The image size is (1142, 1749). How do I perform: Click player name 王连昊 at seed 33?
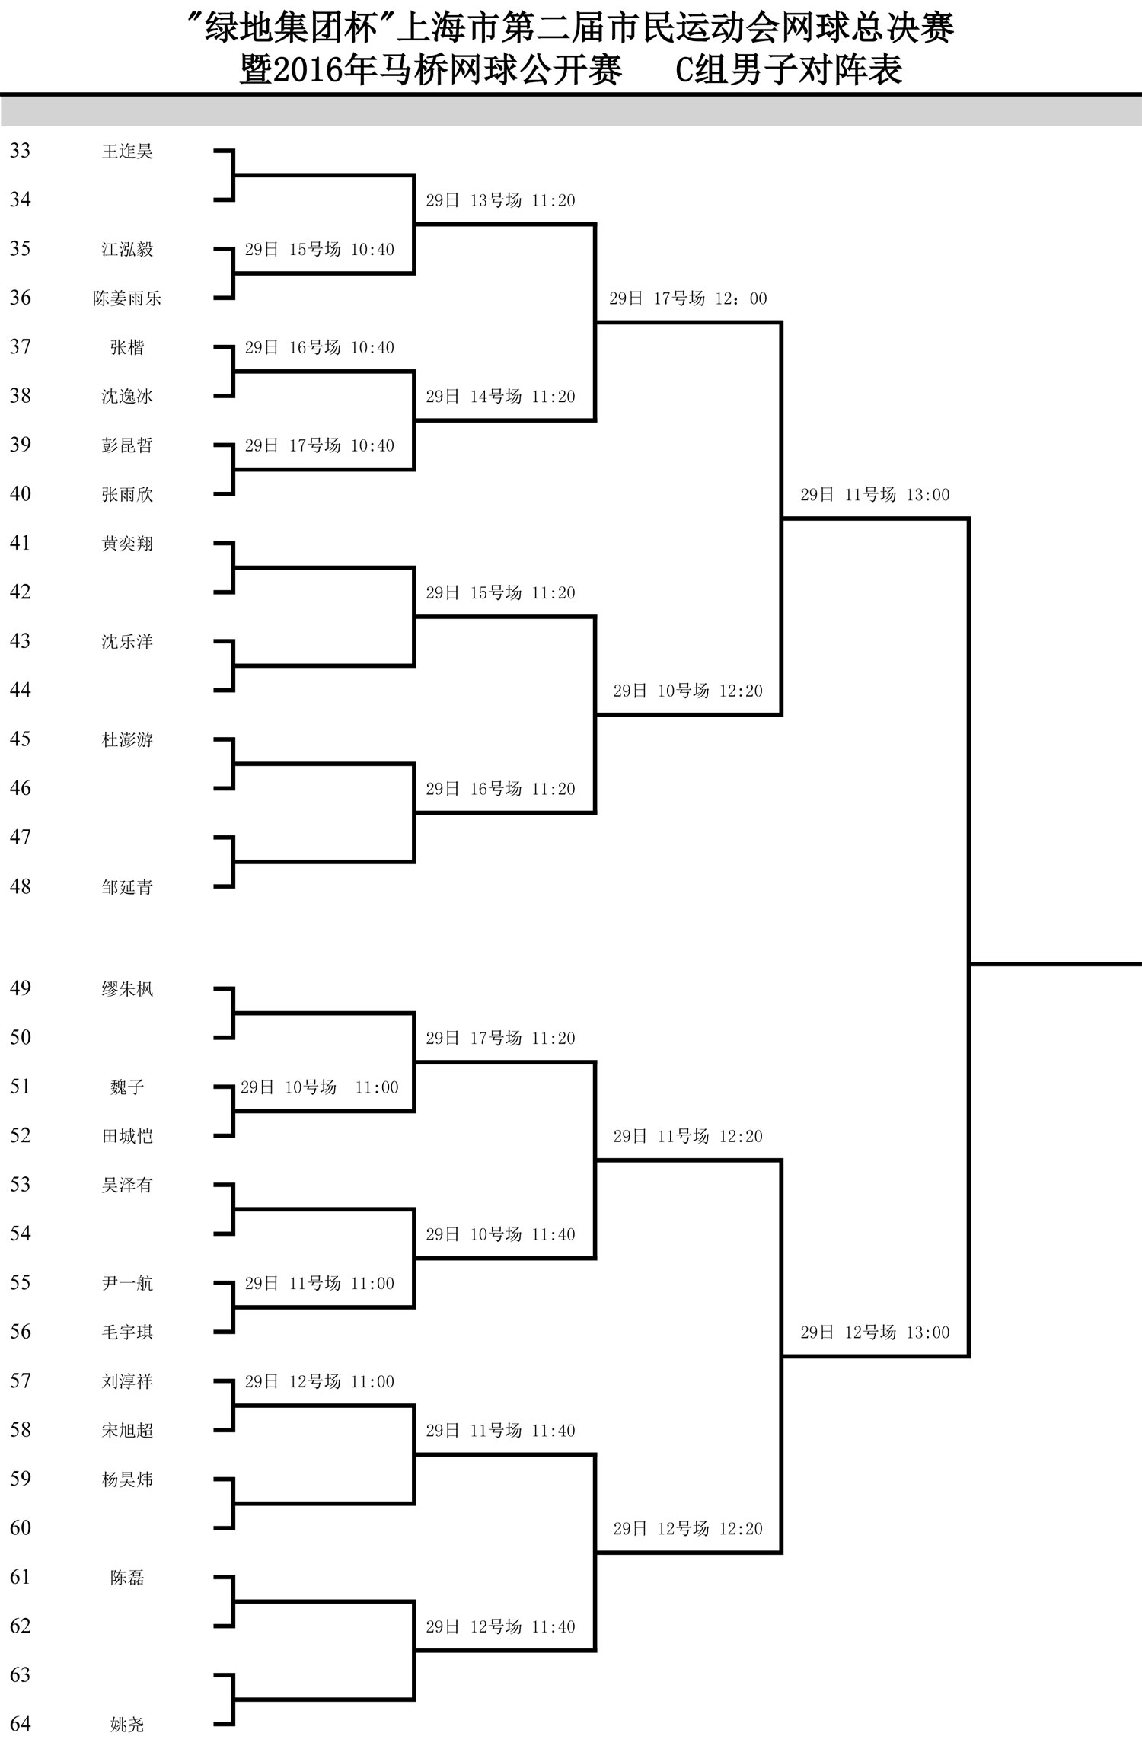click(x=127, y=151)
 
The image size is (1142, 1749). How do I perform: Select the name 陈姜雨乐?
click(x=127, y=298)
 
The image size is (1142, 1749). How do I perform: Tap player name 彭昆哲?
click(x=127, y=445)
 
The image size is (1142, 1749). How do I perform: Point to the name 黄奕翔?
click(x=127, y=543)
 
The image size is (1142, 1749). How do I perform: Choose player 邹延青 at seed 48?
click(x=127, y=886)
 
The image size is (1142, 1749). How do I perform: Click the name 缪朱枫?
click(x=127, y=988)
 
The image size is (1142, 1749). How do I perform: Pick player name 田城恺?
click(x=127, y=1135)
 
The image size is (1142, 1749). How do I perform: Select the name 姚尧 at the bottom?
click(x=127, y=1724)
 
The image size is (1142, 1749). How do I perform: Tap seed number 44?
click(x=21, y=689)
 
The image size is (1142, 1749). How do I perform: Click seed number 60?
click(x=21, y=1527)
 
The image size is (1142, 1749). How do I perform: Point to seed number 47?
click(x=21, y=837)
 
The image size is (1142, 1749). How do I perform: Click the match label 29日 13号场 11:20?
click(x=500, y=200)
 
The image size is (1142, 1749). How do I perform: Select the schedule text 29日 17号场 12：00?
click(x=688, y=298)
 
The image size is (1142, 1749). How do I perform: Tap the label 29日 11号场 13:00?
click(x=875, y=495)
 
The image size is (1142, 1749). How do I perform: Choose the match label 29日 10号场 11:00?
click(x=320, y=1087)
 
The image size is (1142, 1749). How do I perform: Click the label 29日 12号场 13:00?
click(x=875, y=1332)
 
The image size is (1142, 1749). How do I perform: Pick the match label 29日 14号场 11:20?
click(x=500, y=397)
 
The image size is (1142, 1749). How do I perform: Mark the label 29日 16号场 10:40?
click(x=320, y=348)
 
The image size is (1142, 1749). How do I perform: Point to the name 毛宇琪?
click(x=127, y=1332)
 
